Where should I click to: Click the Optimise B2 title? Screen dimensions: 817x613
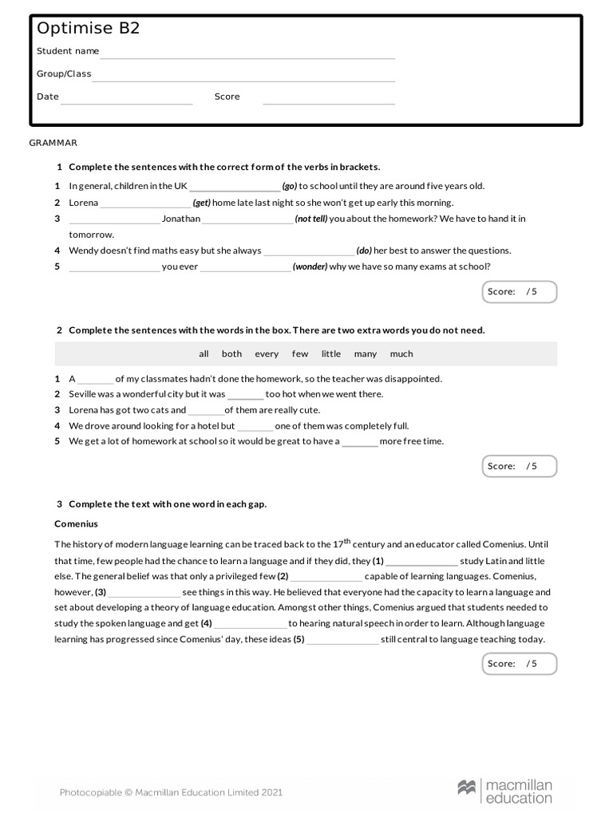point(88,29)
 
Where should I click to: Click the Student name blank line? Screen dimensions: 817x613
point(247,56)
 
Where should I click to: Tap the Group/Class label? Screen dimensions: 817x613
point(64,74)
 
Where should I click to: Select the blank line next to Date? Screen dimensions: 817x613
point(127,101)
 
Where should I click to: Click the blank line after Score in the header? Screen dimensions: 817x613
point(328,101)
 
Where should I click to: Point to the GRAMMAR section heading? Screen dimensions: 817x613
point(53,143)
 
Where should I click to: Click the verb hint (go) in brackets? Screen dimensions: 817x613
point(289,187)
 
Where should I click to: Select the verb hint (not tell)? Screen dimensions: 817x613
point(310,219)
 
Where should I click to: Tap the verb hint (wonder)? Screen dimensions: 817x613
point(310,267)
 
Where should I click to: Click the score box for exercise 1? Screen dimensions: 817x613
point(519,292)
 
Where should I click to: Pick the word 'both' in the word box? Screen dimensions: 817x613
point(231,354)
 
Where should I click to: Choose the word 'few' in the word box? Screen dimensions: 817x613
point(300,354)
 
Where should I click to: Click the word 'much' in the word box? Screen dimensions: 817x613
point(401,354)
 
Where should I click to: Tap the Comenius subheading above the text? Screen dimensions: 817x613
point(76,524)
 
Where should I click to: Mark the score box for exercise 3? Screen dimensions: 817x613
point(519,664)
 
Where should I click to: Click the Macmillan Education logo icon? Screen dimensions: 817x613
point(467,788)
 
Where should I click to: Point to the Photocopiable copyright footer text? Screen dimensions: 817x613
point(171,792)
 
